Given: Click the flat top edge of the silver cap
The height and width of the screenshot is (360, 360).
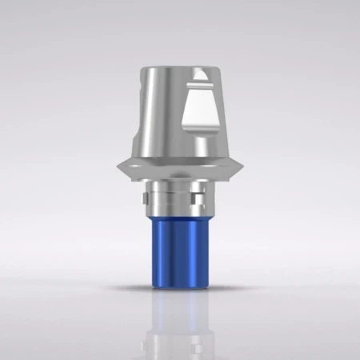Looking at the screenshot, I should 179,69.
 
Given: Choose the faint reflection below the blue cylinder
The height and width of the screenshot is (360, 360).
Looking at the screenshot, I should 181,320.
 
